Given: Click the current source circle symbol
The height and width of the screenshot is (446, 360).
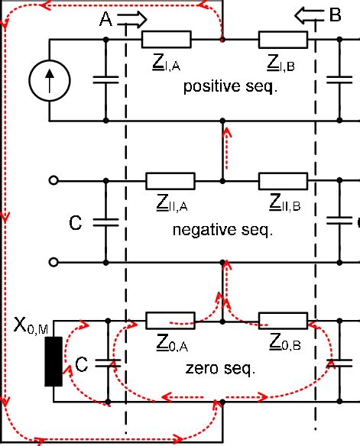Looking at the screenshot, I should pyautogui.click(x=50, y=80).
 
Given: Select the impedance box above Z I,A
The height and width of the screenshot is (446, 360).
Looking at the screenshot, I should pyautogui.click(x=166, y=38).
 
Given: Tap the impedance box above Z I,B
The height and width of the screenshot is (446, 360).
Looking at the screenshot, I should pyautogui.click(x=283, y=38).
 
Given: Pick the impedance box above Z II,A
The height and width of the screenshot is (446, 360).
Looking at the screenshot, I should pyautogui.click(x=170, y=181).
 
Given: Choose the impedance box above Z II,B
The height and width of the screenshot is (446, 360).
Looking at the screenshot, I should pyautogui.click(x=283, y=181).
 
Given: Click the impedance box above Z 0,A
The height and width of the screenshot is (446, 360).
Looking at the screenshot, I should pyautogui.click(x=170, y=320).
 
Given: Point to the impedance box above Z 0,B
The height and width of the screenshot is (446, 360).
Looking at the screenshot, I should pyautogui.click(x=283, y=320).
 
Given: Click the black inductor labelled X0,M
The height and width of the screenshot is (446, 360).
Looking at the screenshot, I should pyautogui.click(x=53, y=360).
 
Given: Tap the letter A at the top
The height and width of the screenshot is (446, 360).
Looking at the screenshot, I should pyautogui.click(x=106, y=21).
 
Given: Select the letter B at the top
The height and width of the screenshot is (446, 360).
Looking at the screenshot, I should pyautogui.click(x=335, y=14).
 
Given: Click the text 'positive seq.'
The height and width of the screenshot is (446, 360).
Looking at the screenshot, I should pyautogui.click(x=229, y=87).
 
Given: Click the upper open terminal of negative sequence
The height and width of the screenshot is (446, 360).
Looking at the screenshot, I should pyautogui.click(x=53, y=181).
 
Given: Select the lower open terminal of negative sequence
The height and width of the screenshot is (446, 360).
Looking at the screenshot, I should pyautogui.click(x=53, y=263).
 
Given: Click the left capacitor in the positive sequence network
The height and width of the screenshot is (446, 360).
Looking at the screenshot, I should pyautogui.click(x=105, y=79).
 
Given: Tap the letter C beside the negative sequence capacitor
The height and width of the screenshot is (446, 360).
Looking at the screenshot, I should pyautogui.click(x=75, y=223).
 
